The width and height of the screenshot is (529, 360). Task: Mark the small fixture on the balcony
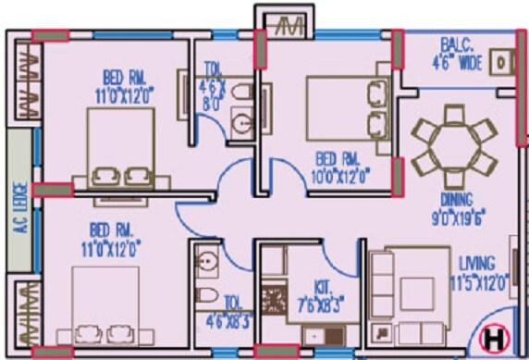pyautogui.click(x=500, y=62)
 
